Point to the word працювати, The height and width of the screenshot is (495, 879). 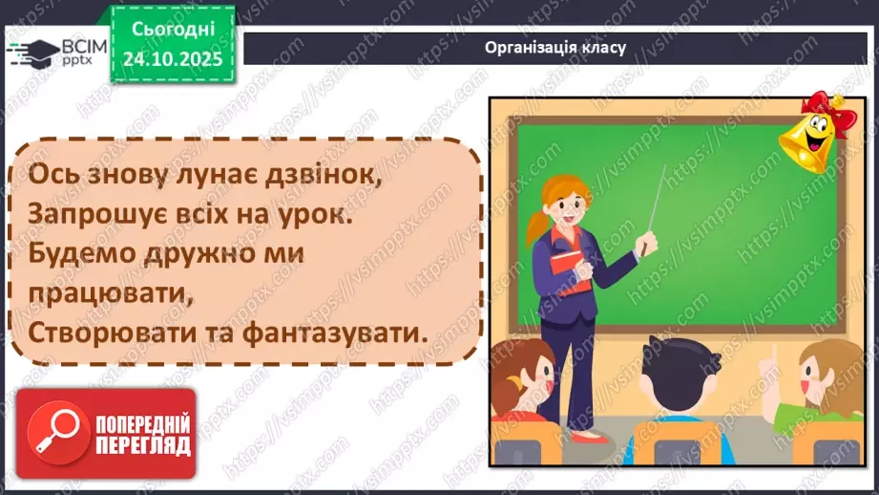click(104, 294)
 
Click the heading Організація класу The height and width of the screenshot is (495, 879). click(555, 48)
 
